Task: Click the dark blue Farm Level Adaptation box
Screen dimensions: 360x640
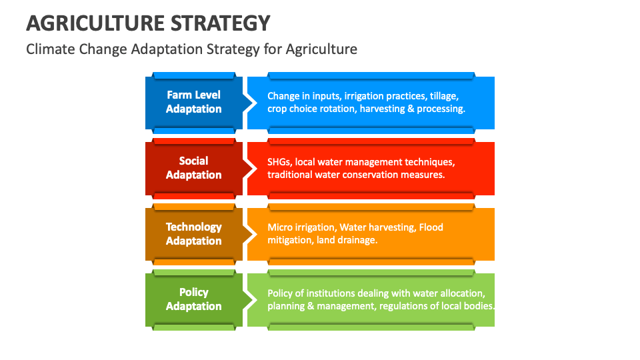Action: [193, 103]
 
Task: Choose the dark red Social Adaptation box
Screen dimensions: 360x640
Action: [193, 168]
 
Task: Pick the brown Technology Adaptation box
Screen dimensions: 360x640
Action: [193, 234]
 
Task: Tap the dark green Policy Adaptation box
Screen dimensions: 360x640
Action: [193, 299]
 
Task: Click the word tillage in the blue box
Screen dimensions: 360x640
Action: [443, 96]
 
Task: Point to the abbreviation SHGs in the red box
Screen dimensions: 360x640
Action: [279, 162]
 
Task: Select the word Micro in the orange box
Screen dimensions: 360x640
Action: [279, 227]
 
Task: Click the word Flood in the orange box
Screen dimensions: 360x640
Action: [431, 227]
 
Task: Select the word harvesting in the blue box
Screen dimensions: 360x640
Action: [383, 109]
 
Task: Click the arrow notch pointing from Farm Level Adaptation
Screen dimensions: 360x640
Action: [250, 103]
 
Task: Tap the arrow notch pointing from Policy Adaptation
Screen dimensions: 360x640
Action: [250, 299]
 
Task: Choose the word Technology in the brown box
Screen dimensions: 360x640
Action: [193, 227]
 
